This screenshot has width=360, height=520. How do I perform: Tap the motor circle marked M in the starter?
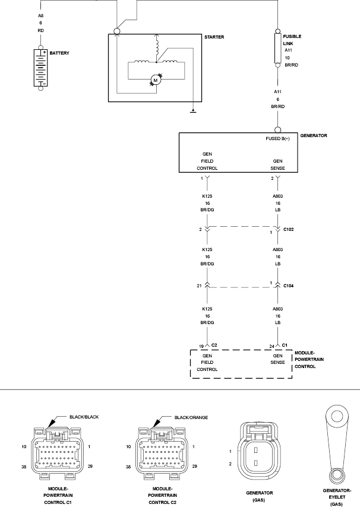tap(155, 79)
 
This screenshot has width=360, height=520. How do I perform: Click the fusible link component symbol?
tap(277, 48)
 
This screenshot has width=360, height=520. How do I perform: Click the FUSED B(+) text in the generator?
tap(277, 138)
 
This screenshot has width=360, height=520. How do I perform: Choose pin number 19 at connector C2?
tap(202, 345)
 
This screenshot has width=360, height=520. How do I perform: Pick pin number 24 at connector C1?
tap(271, 345)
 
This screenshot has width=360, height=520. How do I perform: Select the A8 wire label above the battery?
tap(40, 15)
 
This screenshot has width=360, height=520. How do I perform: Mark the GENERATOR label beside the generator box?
tap(312, 135)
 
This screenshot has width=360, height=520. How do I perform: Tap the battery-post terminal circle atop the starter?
tap(117, 31)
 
